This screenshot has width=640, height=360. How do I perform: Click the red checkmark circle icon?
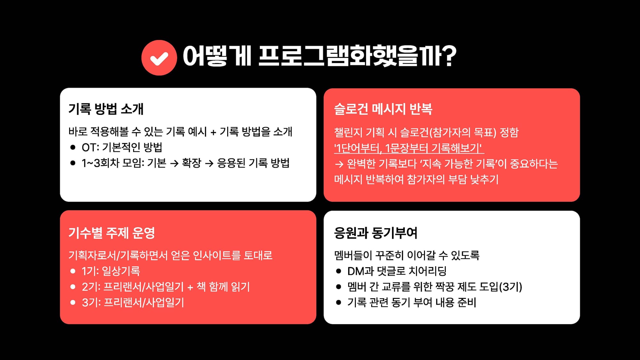pos(159,58)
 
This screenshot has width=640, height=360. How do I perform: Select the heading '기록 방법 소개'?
pos(106,109)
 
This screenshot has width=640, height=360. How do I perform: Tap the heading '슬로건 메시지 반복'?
pos(383,109)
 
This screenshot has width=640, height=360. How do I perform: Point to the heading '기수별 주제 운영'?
pos(112,233)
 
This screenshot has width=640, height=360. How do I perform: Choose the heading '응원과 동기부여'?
pos(376,233)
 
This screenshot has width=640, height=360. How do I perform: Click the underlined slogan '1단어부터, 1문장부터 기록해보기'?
pos(409,148)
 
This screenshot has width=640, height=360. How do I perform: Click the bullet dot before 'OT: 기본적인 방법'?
pos(73,148)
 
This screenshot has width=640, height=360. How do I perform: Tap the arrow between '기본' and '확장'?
pos(174,164)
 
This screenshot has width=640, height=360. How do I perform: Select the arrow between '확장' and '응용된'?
pos(209,164)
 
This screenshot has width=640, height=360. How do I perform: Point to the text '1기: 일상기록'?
pos(111,271)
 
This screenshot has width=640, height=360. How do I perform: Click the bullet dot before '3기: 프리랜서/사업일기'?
pos(73,302)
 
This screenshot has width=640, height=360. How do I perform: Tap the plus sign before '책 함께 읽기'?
pos(190,287)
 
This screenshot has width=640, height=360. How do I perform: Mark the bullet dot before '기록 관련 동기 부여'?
pos(339,302)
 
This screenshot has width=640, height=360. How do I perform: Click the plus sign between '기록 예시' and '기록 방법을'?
pos(213,132)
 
